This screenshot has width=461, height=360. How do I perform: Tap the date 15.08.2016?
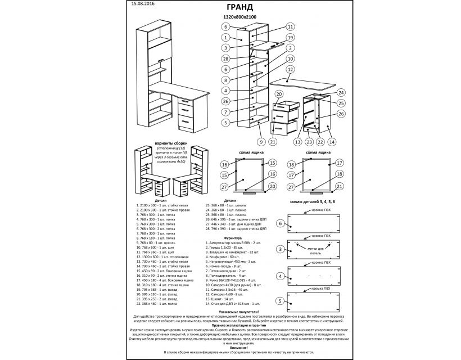[143, 3]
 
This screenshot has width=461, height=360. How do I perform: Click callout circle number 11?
[290, 26]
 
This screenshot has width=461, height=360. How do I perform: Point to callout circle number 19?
[290, 37]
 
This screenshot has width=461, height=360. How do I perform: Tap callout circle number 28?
[225, 58]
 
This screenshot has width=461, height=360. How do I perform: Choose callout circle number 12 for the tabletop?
[290, 70]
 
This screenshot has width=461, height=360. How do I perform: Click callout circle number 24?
[341, 92]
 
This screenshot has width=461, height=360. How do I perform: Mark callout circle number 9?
[261, 141]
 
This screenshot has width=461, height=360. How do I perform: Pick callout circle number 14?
[332, 142]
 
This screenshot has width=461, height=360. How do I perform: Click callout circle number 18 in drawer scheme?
[292, 165]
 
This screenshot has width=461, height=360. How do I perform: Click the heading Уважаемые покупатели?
[231, 310]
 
